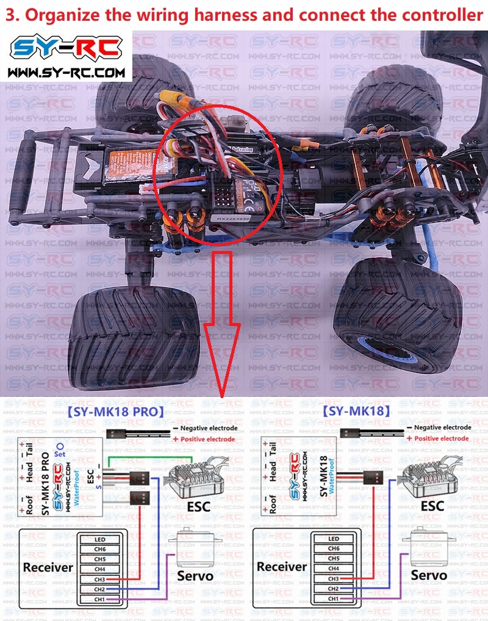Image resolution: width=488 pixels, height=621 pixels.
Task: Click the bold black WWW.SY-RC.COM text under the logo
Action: click(68, 73)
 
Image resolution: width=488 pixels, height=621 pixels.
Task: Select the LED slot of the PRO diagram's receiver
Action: click(100, 539)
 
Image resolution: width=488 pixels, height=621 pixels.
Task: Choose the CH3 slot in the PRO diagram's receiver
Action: click(100, 579)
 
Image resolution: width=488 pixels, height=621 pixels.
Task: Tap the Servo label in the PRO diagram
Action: click(195, 576)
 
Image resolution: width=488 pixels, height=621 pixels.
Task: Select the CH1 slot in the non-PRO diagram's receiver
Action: click(333, 598)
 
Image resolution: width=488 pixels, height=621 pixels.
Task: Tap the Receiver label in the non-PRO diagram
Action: click(281, 567)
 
